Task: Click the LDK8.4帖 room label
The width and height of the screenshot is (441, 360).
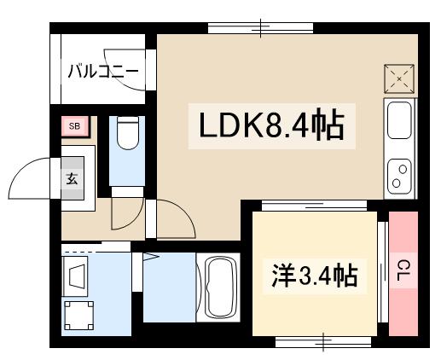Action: pyautogui.click(x=271, y=127)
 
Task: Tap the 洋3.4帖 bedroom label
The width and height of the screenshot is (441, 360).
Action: pyautogui.click(x=313, y=276)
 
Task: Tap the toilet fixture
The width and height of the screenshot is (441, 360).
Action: pyautogui.click(x=127, y=135)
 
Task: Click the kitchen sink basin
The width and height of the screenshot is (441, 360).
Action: pyautogui.click(x=400, y=119)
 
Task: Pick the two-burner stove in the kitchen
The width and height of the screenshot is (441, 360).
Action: pyautogui.click(x=399, y=174)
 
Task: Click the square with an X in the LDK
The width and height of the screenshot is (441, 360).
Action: pyautogui.click(x=400, y=80)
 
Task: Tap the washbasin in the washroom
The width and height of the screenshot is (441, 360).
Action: pyautogui.click(x=76, y=277)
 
